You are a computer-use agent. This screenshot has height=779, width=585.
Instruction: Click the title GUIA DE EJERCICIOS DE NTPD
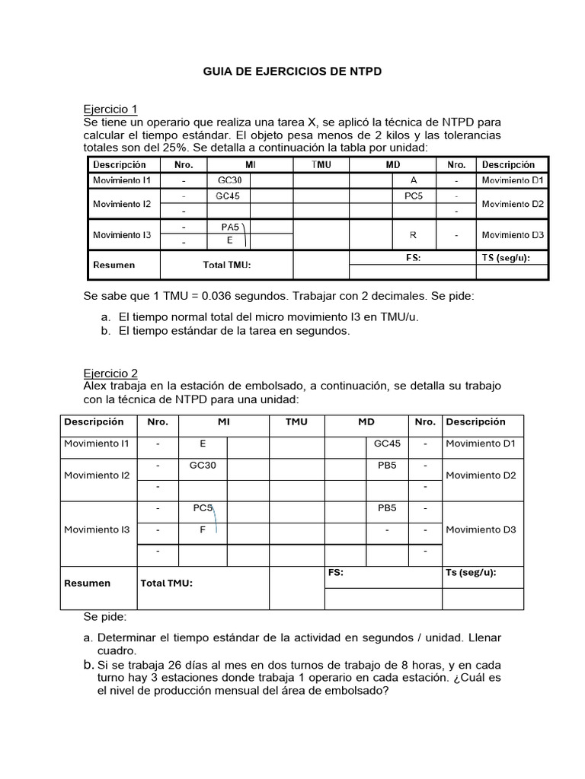click(x=292, y=71)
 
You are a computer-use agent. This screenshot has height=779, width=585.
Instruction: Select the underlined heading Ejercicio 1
click(x=110, y=109)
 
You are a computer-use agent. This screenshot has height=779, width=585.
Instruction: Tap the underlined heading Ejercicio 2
click(x=110, y=373)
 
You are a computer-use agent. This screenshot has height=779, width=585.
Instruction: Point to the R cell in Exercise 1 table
click(x=414, y=235)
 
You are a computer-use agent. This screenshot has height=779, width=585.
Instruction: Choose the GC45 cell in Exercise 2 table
click(x=387, y=444)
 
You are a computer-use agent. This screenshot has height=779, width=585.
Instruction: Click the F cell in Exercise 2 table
click(x=203, y=529)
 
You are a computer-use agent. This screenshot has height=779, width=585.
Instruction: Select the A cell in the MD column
click(x=414, y=180)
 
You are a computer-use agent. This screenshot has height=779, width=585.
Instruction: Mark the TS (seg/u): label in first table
click(x=505, y=257)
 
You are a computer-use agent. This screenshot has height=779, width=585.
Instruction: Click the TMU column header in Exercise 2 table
click(x=296, y=421)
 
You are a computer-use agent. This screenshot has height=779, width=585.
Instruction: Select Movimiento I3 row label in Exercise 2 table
click(x=97, y=529)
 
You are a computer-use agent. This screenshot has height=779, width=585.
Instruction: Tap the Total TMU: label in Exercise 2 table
click(x=167, y=583)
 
